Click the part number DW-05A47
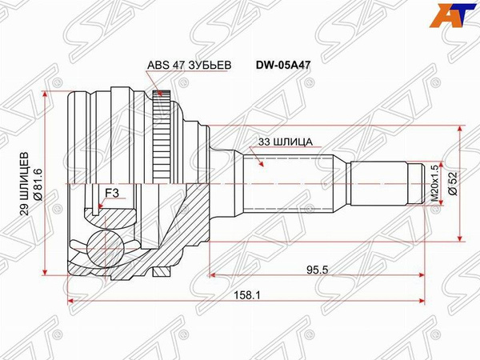click(x=283, y=66)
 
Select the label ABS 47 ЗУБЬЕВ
click(x=189, y=66)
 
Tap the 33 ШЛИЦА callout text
click(x=286, y=142)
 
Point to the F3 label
click(x=112, y=193)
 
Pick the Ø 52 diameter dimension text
click(x=453, y=184)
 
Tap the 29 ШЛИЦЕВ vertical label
click(x=25, y=184)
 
